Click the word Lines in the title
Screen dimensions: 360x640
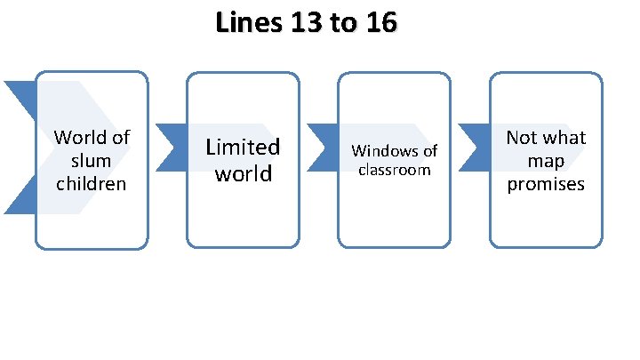coord(245,24)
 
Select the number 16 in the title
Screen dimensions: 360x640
coord(380,24)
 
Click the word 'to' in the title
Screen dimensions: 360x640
coord(342,24)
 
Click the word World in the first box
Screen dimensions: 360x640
coord(80,138)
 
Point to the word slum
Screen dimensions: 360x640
coord(92,161)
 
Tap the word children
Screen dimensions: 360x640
coord(92,184)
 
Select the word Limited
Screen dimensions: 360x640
coord(243,147)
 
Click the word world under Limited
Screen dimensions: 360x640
coord(243,173)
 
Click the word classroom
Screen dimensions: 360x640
coord(394,169)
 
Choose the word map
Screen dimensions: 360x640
coord(546,161)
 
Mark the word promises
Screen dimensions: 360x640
coord(546,184)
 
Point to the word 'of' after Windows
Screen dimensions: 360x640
coord(429,151)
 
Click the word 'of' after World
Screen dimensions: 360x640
coord(119,138)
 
